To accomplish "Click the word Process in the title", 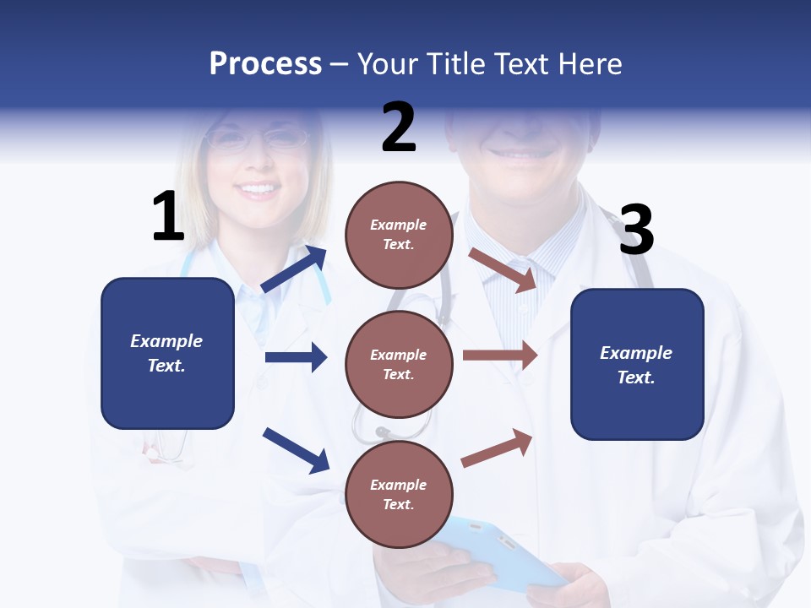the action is pyautogui.click(x=265, y=64).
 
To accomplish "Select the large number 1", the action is pyautogui.click(x=168, y=217).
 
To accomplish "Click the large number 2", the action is pyautogui.click(x=399, y=128).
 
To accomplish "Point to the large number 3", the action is pyautogui.click(x=636, y=231).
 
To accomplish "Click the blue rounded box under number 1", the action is pyautogui.click(x=167, y=353).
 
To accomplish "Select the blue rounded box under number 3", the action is pyautogui.click(x=637, y=364).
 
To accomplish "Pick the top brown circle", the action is pyautogui.click(x=399, y=235).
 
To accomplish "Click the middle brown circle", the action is pyautogui.click(x=399, y=364).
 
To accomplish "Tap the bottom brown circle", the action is pyautogui.click(x=399, y=494).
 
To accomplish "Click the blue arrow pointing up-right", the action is pyautogui.click(x=294, y=269).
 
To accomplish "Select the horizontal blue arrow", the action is pyautogui.click(x=296, y=357).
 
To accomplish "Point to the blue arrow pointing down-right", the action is pyautogui.click(x=296, y=449).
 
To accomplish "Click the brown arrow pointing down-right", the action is pyautogui.click(x=503, y=269).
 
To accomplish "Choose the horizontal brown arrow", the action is pyautogui.click(x=500, y=355).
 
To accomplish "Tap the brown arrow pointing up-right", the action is pyautogui.click(x=498, y=448).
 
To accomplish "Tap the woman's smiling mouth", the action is pyautogui.click(x=259, y=189).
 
